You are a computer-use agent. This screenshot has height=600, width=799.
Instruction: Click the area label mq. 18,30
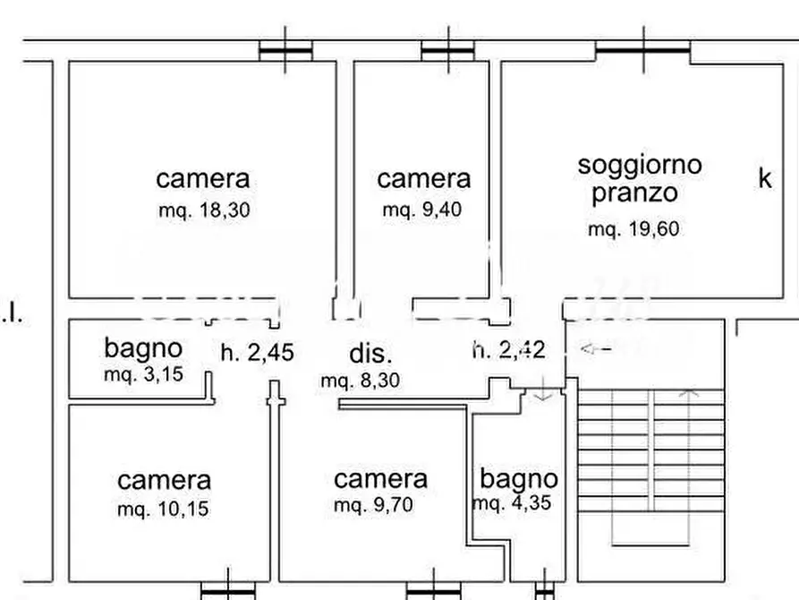click(202, 211)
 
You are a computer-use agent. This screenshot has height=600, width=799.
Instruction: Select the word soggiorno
click(640, 165)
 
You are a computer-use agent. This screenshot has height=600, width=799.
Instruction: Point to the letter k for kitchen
click(765, 178)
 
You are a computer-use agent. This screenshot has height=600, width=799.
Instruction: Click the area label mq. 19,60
click(633, 229)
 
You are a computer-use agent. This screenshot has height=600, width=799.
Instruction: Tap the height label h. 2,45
click(257, 352)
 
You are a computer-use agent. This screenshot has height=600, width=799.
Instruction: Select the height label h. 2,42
click(508, 348)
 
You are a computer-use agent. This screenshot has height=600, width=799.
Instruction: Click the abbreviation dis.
click(370, 352)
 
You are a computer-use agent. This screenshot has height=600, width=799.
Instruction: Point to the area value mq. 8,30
click(361, 381)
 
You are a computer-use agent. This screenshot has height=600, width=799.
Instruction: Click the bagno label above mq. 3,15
click(143, 347)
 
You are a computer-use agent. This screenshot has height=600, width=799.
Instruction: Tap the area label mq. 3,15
click(143, 374)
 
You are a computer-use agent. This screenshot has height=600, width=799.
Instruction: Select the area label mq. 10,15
click(163, 510)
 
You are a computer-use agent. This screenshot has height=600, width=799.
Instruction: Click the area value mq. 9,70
click(373, 506)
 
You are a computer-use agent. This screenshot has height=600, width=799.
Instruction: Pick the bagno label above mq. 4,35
click(518, 479)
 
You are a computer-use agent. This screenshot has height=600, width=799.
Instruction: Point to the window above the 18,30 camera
click(285, 52)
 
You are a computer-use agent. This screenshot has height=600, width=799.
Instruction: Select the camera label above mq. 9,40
click(423, 179)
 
